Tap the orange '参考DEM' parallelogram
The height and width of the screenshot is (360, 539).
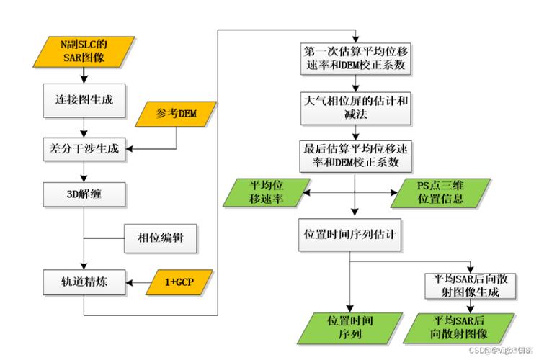pyautogui.click(x=177, y=113)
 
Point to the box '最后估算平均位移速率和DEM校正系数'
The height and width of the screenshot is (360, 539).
pyautogui.click(x=355, y=154)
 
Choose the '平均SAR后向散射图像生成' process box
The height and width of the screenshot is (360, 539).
pyautogui.click(x=471, y=286)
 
